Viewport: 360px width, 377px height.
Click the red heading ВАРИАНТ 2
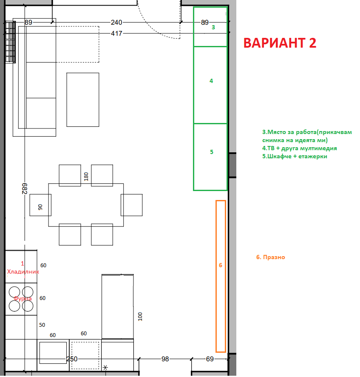coord(280,43)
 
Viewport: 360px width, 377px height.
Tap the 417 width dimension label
coord(116,34)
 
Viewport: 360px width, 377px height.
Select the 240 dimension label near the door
coord(116,23)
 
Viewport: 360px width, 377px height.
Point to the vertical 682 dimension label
coord(25,188)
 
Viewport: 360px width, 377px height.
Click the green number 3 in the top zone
coord(213,27)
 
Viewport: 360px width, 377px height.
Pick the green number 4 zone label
coord(211,81)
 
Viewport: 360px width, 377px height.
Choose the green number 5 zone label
coord(212,152)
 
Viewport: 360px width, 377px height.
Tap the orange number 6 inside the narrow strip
coord(221,265)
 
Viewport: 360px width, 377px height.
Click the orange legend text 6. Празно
coord(271,257)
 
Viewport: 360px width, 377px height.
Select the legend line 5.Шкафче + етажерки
coord(295,156)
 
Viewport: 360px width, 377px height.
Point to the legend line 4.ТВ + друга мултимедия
coord(300,149)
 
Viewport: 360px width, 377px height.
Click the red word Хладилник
coord(23,272)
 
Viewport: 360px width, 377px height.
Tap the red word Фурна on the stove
coord(23,298)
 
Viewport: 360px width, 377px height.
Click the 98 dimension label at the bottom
coord(165,359)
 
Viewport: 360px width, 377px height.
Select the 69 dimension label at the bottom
coord(210,359)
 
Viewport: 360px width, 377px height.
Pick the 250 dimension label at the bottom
coord(72,359)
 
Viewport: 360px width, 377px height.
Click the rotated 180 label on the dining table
coord(86,177)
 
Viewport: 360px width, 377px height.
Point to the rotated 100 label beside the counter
coord(140,317)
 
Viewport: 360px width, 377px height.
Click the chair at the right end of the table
coord(132,205)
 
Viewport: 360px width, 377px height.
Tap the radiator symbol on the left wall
coord(10,42)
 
